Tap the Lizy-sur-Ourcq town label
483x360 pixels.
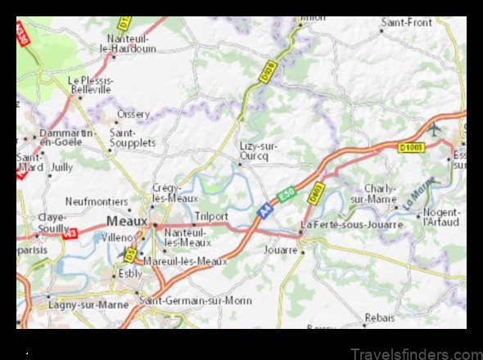(x=259, y=151)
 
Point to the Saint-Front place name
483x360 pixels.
(x=406, y=22)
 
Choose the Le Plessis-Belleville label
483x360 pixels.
(x=89, y=84)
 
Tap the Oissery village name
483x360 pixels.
(x=133, y=115)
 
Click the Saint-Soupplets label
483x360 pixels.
(x=133, y=137)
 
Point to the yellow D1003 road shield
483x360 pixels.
(x=413, y=147)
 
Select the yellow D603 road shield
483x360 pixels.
(x=316, y=193)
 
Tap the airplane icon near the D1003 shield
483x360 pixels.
(x=434, y=130)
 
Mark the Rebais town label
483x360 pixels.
(x=379, y=317)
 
